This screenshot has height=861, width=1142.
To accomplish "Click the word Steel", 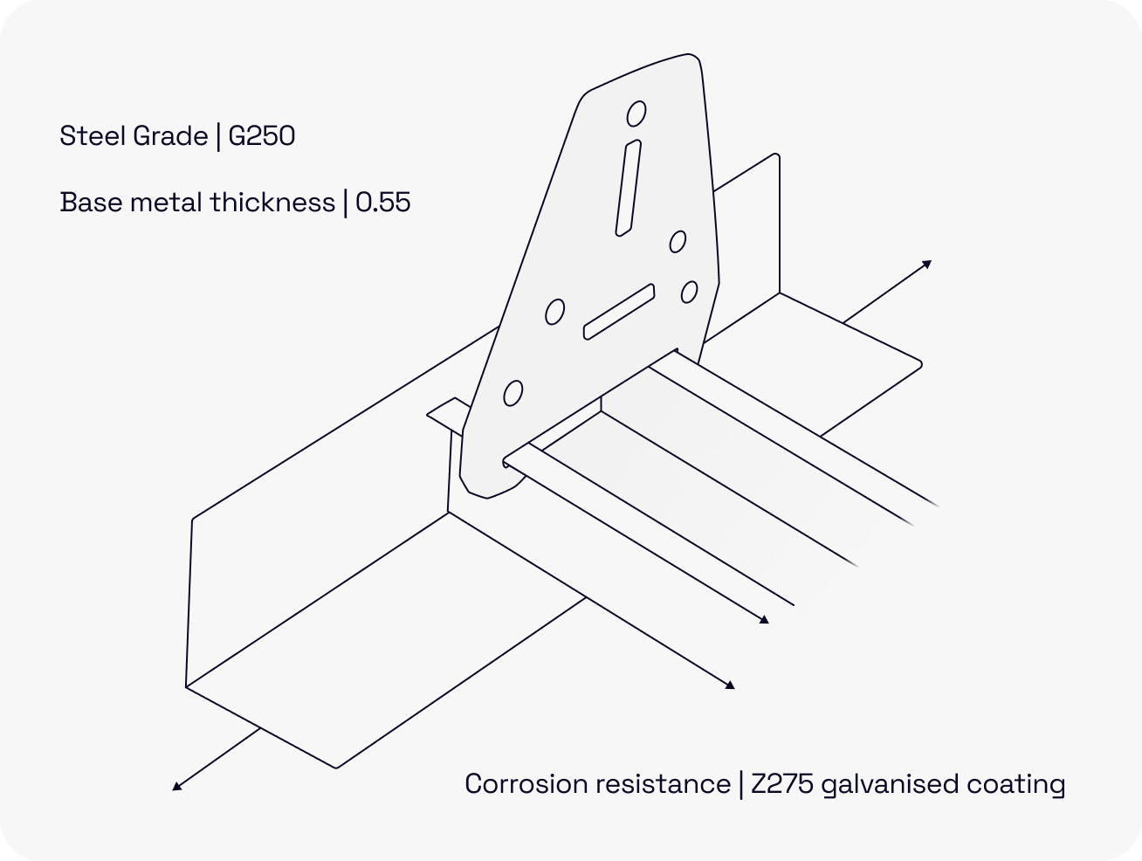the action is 88,136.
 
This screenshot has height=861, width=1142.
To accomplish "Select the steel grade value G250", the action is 262,136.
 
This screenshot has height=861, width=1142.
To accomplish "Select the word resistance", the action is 664,784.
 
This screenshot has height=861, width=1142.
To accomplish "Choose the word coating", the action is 1016,785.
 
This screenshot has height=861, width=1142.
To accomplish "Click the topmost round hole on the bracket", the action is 636,114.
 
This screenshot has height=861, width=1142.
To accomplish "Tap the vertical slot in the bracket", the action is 628,188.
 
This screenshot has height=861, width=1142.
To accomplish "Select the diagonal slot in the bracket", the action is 619,312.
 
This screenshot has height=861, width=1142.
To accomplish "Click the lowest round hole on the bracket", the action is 513,394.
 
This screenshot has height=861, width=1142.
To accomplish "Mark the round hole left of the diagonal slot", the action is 554,311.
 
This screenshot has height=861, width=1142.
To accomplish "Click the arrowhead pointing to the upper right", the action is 927,263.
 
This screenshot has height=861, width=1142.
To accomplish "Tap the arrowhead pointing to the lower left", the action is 176,787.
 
